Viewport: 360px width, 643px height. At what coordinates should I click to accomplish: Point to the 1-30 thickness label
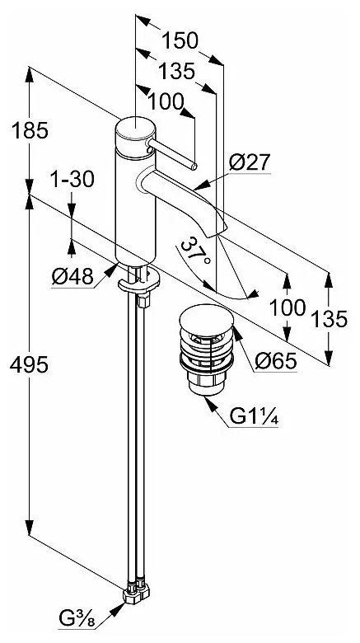[x=72, y=178]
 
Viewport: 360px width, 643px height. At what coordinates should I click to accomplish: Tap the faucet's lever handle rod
[x=173, y=155]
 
